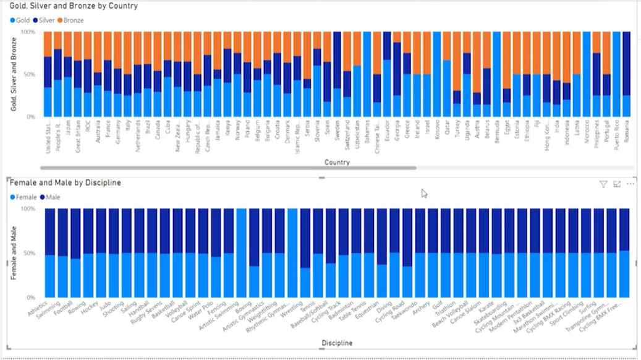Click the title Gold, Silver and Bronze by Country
(74, 6)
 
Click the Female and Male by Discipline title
(65, 183)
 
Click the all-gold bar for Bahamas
(367, 74)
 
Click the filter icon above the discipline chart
(603, 184)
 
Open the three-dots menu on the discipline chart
(630, 184)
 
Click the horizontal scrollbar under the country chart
(229, 168)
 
